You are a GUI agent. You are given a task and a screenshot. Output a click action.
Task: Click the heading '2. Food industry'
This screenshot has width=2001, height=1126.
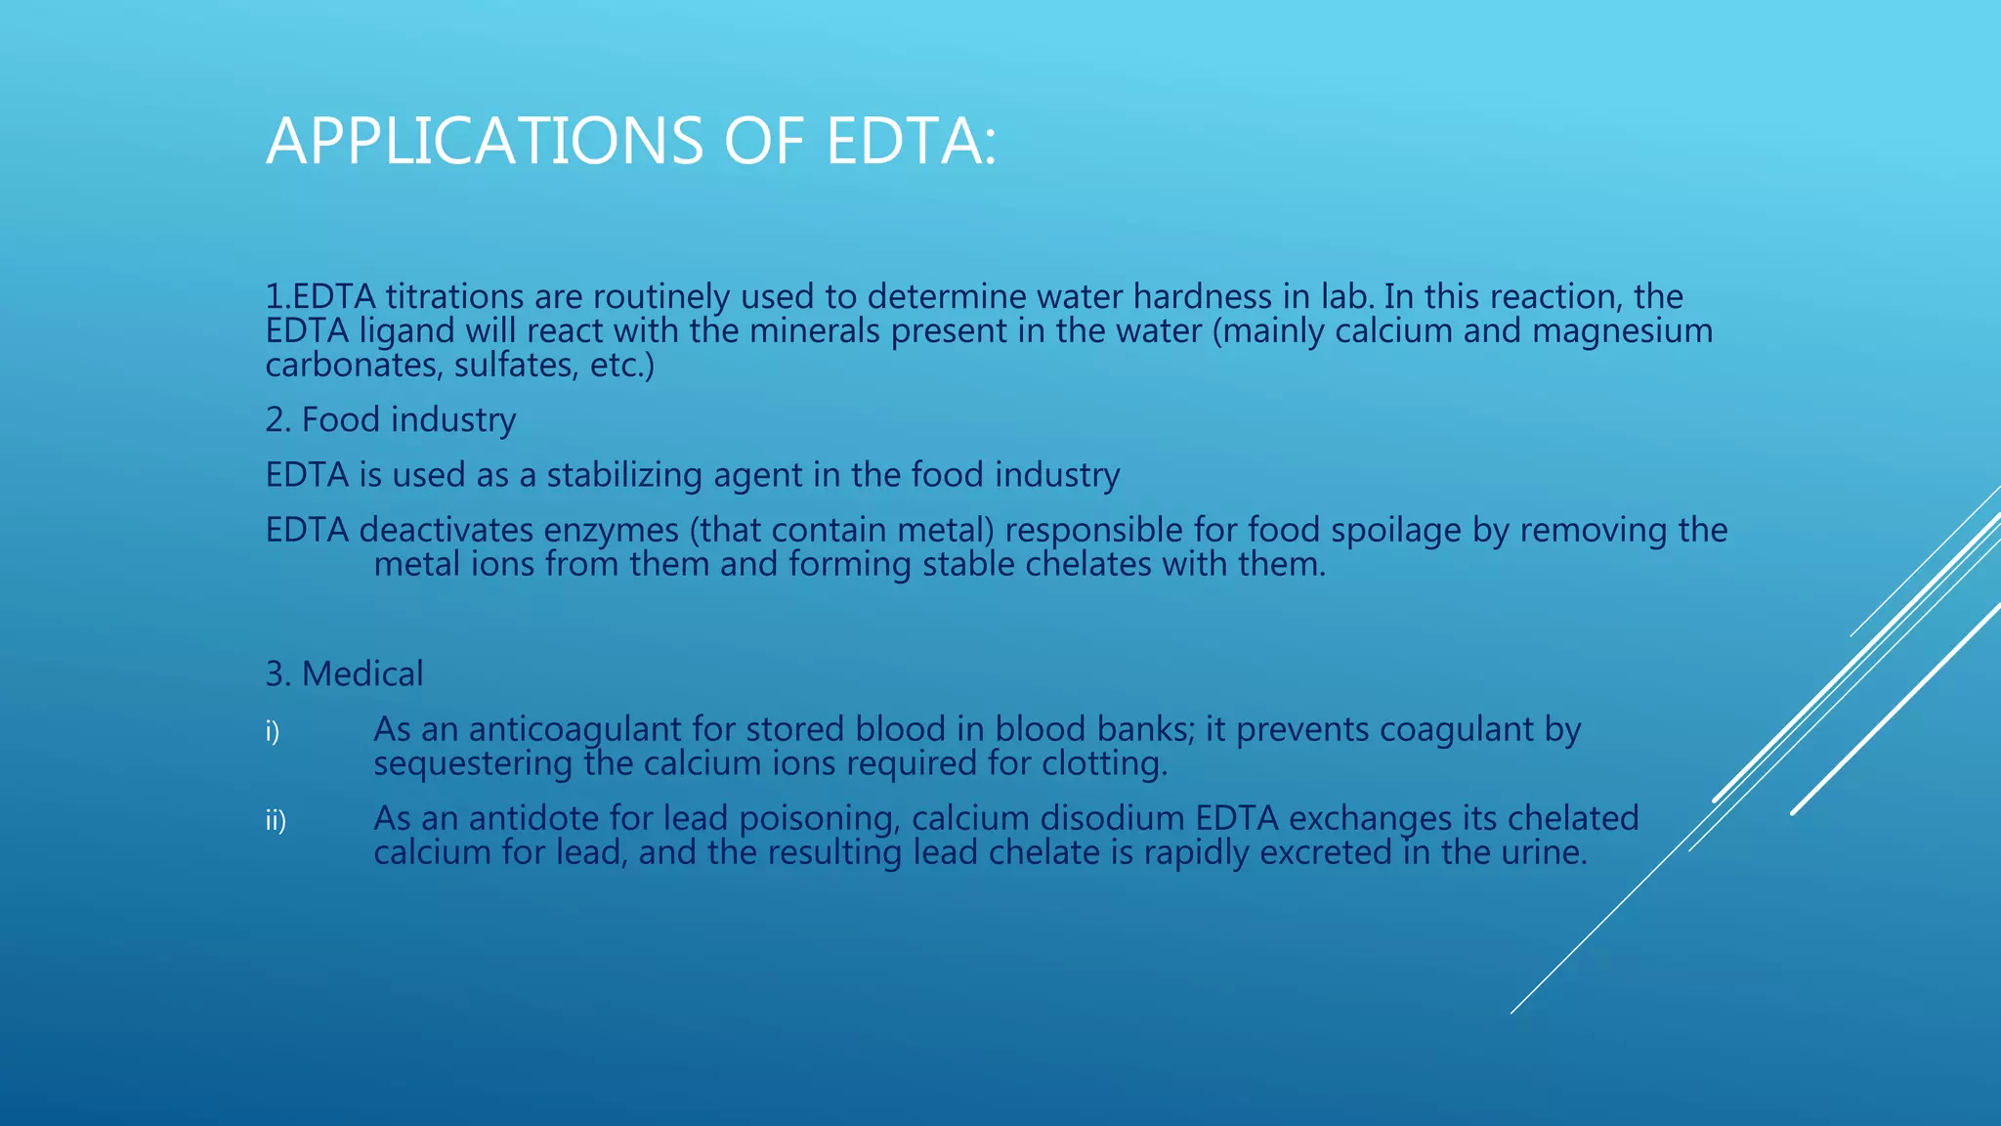391,420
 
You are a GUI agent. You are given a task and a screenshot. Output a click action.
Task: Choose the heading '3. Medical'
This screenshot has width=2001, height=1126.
344,674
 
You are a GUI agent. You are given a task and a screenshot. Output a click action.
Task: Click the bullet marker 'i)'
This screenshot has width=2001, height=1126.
273,731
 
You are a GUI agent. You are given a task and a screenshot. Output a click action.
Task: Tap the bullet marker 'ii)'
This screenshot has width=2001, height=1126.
276,820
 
